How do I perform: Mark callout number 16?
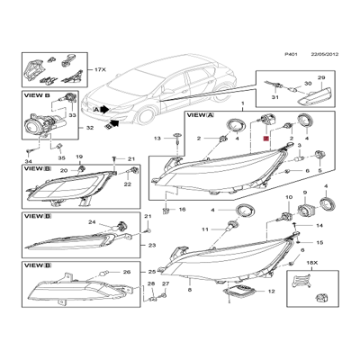(183, 209)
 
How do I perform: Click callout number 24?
(92, 221)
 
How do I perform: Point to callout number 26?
(126, 272)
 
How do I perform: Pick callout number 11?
(205, 229)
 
